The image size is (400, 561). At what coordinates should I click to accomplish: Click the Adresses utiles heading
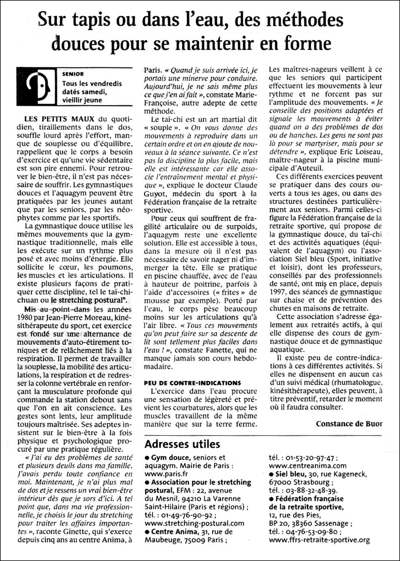coord(182,444)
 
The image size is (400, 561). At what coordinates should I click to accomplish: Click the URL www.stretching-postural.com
coord(195,523)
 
